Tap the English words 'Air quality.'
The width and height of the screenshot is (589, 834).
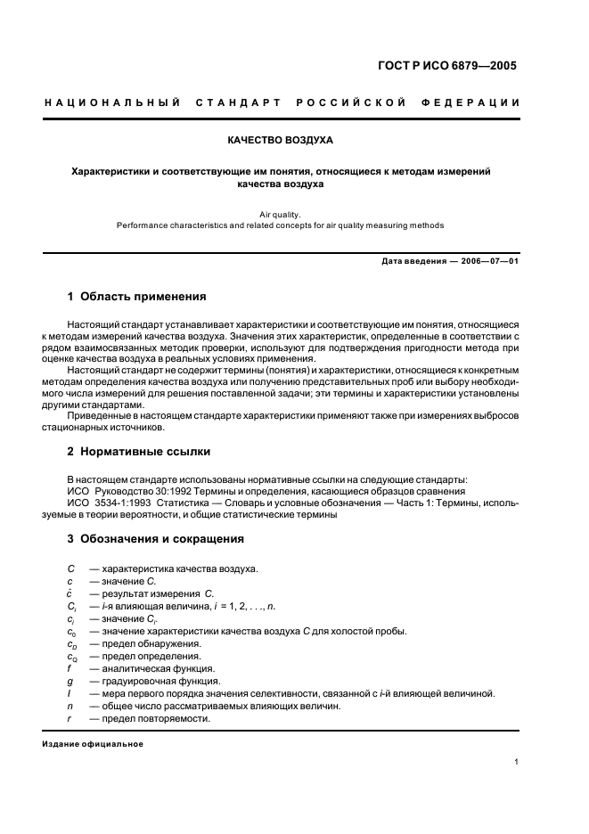281,214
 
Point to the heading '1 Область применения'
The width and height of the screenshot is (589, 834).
137,296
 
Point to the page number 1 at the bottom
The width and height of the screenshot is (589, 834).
517,762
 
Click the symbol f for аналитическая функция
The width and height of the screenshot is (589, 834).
70,668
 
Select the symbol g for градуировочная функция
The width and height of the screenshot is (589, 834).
70,681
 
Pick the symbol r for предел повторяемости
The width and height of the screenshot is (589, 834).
70,718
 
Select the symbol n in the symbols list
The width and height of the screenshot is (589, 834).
70,706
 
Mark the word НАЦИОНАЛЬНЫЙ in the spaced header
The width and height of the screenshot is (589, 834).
112,102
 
